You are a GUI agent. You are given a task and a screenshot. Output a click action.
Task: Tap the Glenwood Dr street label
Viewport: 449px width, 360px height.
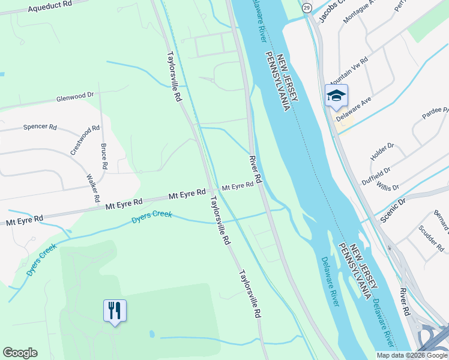point(76,96)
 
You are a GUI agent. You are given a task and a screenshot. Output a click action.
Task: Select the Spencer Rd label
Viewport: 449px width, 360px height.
point(40,127)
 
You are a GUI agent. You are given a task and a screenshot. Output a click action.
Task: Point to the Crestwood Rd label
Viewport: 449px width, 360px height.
point(85,140)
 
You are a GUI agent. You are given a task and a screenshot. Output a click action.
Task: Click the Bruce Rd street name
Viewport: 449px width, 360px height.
point(104,156)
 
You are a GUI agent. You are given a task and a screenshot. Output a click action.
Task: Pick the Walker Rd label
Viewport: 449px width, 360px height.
point(92,188)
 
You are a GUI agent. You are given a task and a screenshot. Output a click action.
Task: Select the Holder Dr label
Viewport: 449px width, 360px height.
point(382,152)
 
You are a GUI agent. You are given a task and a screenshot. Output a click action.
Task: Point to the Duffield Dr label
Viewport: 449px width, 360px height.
point(378,175)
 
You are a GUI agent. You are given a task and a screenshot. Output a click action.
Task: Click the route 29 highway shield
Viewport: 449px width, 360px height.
point(307,7)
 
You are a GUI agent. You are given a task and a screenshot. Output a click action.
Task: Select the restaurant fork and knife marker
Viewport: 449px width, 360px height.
point(115,310)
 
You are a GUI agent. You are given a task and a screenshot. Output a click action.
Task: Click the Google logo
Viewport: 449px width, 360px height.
point(20,353)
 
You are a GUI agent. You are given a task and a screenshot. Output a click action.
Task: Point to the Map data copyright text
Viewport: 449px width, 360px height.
point(412,355)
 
